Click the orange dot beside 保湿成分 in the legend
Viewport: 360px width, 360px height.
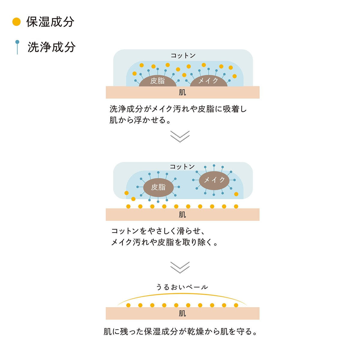point(16,22)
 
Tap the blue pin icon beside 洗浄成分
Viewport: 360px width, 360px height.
point(17,47)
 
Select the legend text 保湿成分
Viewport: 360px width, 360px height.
point(50,22)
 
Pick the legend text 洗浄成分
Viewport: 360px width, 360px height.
point(51,47)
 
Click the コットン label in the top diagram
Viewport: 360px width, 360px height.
point(183,55)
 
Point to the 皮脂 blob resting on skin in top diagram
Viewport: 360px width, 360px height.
point(157,81)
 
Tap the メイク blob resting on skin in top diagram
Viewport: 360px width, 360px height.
point(208,81)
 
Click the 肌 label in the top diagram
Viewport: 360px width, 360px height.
point(182,92)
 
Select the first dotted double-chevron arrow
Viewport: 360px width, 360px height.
point(180,136)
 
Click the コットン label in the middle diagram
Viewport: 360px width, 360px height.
point(182,167)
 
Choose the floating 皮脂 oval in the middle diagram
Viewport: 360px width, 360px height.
point(158,187)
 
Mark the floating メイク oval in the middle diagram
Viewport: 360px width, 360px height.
point(214,180)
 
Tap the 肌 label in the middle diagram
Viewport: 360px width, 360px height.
point(182,215)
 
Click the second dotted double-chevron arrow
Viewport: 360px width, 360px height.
point(180,267)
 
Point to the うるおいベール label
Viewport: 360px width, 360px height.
point(182,287)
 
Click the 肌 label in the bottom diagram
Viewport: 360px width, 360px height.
point(182,313)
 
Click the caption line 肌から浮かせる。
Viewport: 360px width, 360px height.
point(140,120)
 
